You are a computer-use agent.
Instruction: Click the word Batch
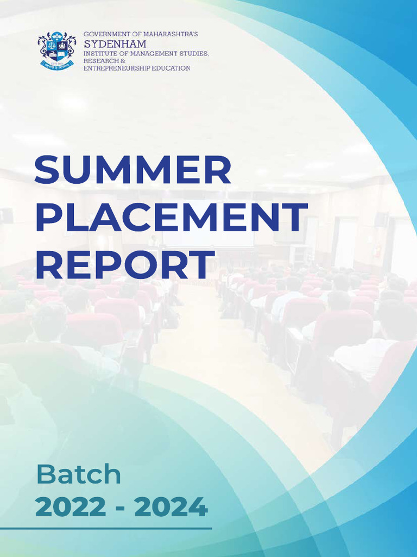pyautogui.click(x=78, y=475)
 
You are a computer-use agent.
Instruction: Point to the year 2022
pyautogui.click(x=70, y=507)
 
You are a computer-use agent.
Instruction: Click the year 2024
pyautogui.click(x=171, y=507)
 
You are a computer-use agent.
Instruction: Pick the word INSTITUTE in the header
pyautogui.click(x=100, y=54)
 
